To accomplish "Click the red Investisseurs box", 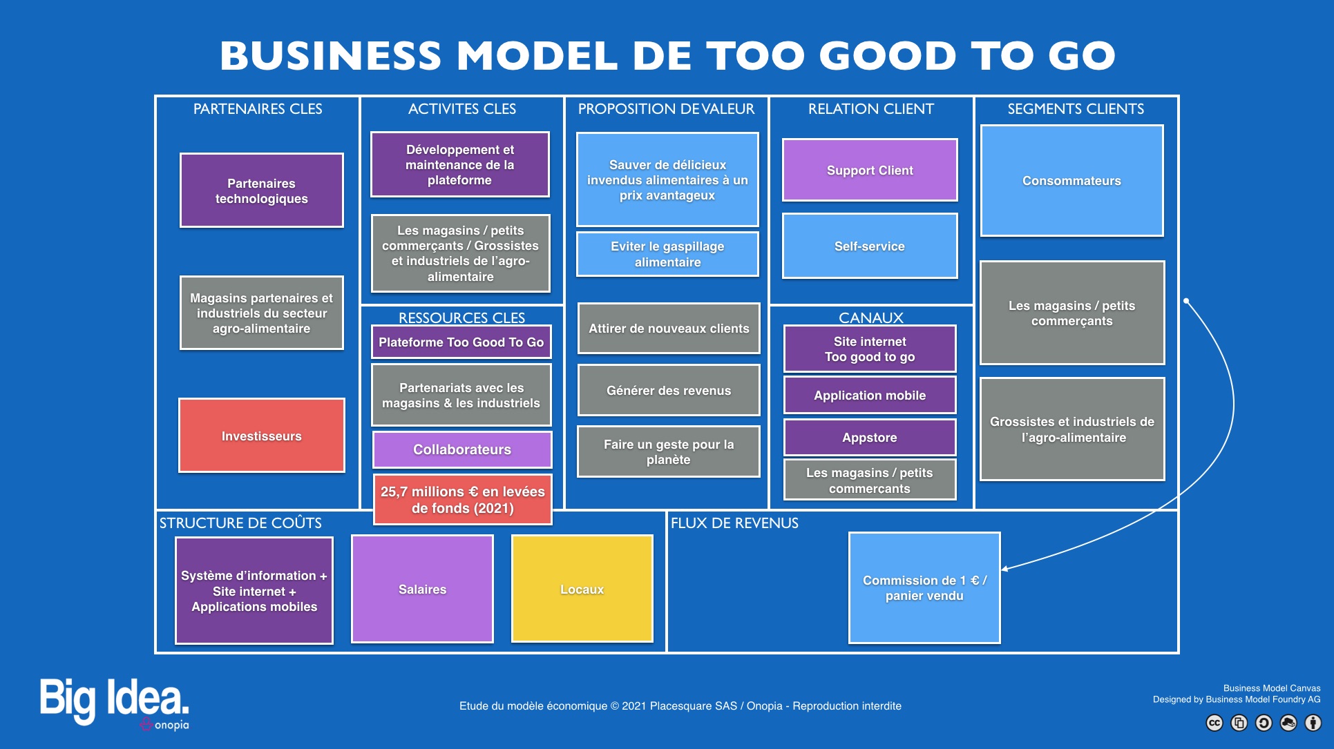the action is [262, 436].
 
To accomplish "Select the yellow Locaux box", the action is [582, 589].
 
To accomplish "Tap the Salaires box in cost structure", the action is [422, 589].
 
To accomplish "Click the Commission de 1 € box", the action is [924, 587].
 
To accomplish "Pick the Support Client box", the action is [870, 170].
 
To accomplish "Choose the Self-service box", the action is [870, 246].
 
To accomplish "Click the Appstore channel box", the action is [870, 438].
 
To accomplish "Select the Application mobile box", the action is [870, 395].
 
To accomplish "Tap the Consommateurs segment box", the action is [1072, 181].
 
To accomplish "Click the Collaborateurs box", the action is [462, 449].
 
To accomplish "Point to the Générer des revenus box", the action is [669, 390].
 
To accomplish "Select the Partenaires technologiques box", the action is [262, 191].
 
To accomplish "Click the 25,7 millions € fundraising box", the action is [463, 499].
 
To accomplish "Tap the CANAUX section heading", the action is [870, 318].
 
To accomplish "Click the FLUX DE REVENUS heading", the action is [734, 523].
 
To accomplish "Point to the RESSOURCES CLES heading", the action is [461, 318].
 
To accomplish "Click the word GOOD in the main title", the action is [887, 55].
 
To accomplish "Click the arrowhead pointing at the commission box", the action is [1005, 568].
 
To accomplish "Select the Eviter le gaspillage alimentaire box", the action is [667, 254].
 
